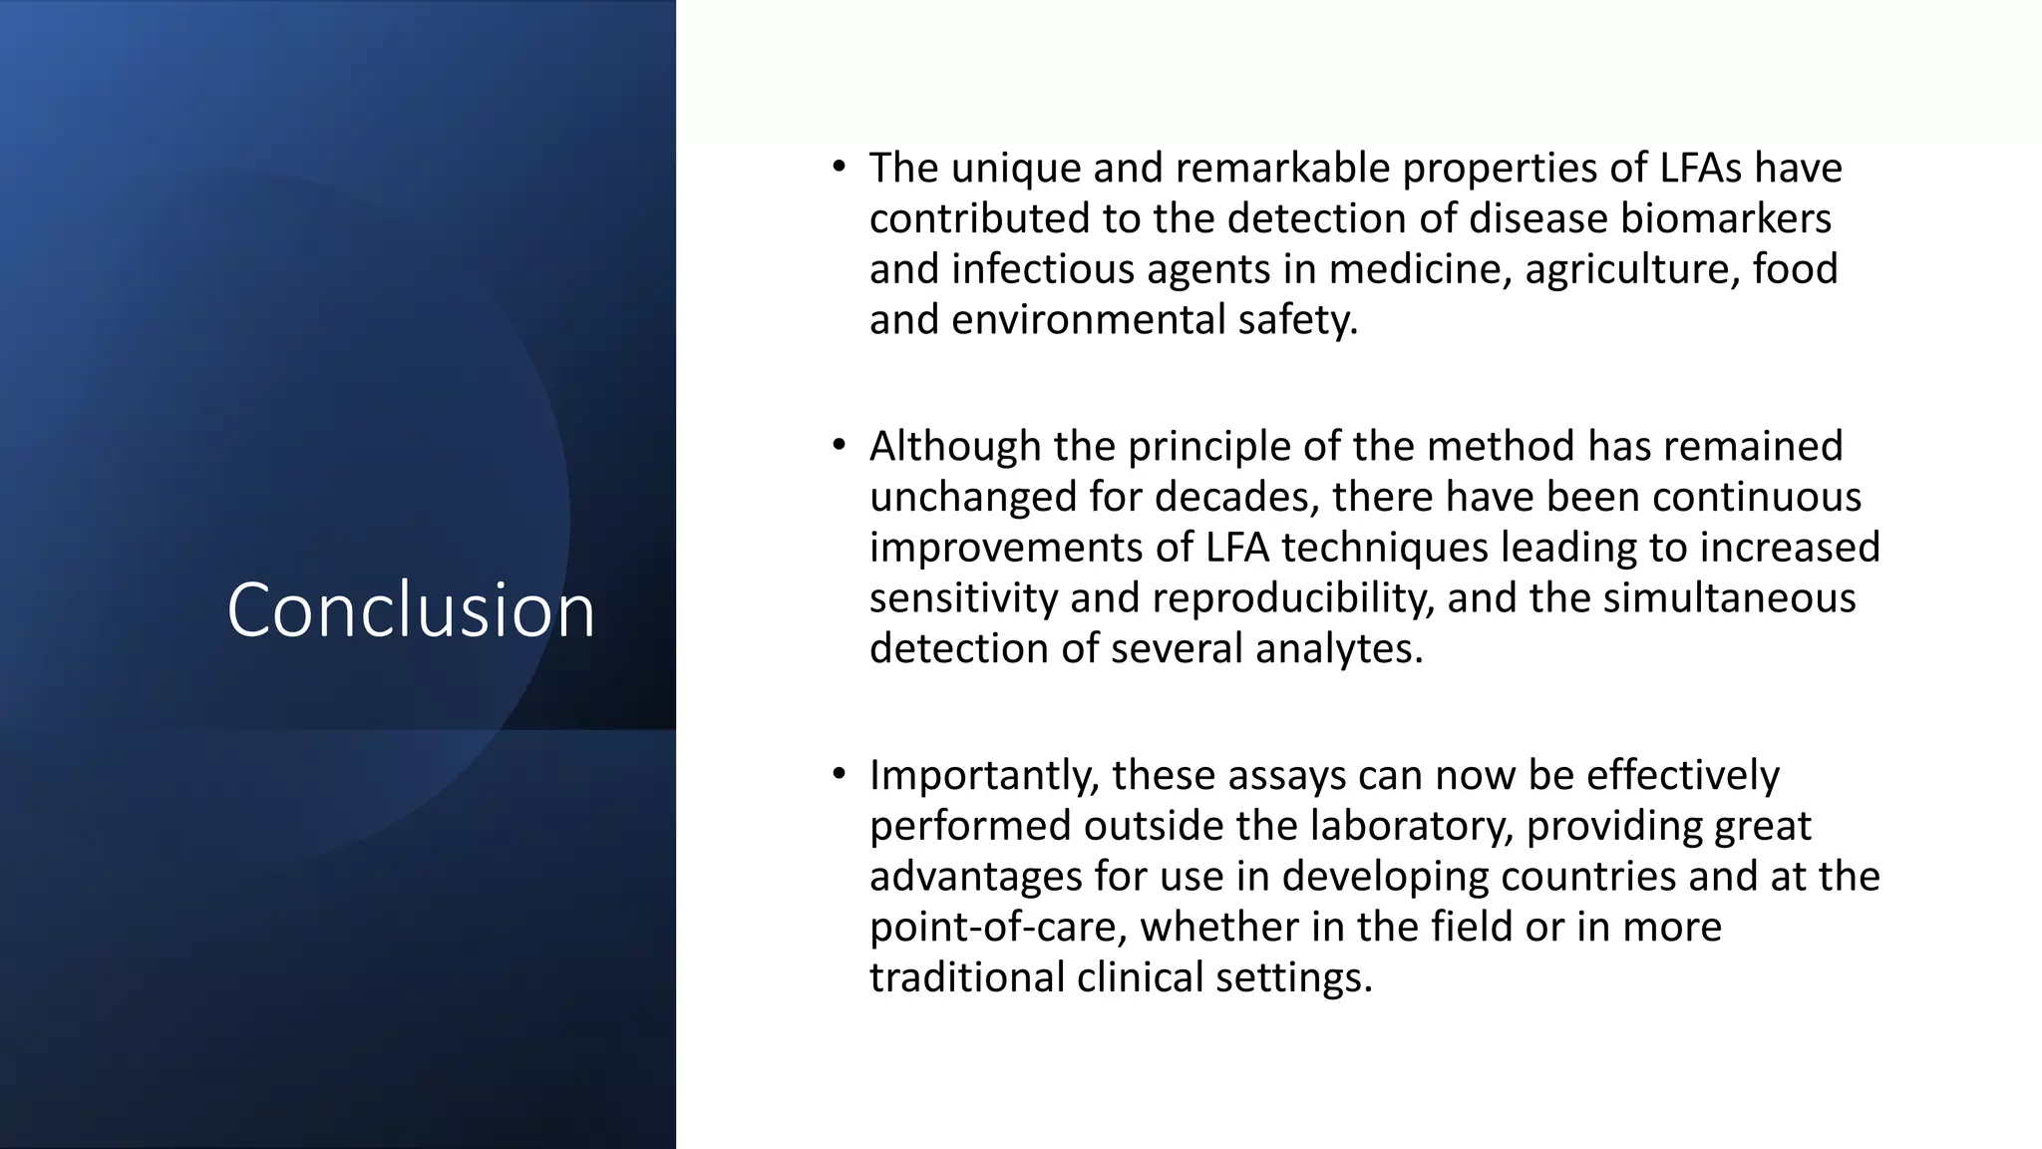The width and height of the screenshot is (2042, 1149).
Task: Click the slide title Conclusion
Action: pos(411,609)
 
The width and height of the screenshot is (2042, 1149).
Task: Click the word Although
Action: pos(954,446)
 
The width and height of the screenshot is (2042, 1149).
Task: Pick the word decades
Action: pos(1236,497)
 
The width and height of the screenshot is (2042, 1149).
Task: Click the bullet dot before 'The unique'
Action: pos(840,167)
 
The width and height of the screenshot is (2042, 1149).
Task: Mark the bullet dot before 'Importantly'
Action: pos(840,774)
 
